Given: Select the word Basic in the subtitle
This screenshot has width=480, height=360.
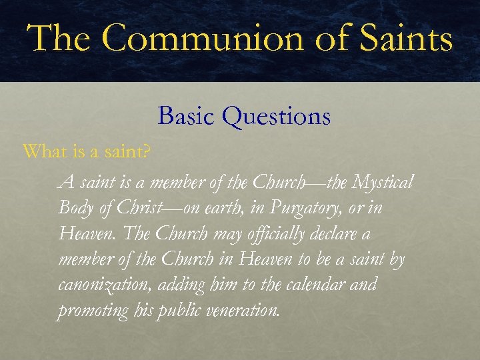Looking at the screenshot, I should pyautogui.click(x=186, y=117).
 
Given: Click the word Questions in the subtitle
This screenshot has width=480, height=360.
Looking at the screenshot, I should pyautogui.click(x=277, y=117).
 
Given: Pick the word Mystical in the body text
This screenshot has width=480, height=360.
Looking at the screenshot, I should pyautogui.click(x=383, y=181).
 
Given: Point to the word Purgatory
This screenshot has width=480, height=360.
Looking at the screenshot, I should pyautogui.click(x=305, y=208).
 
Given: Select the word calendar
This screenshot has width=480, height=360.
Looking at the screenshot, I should pyautogui.click(x=308, y=285).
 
